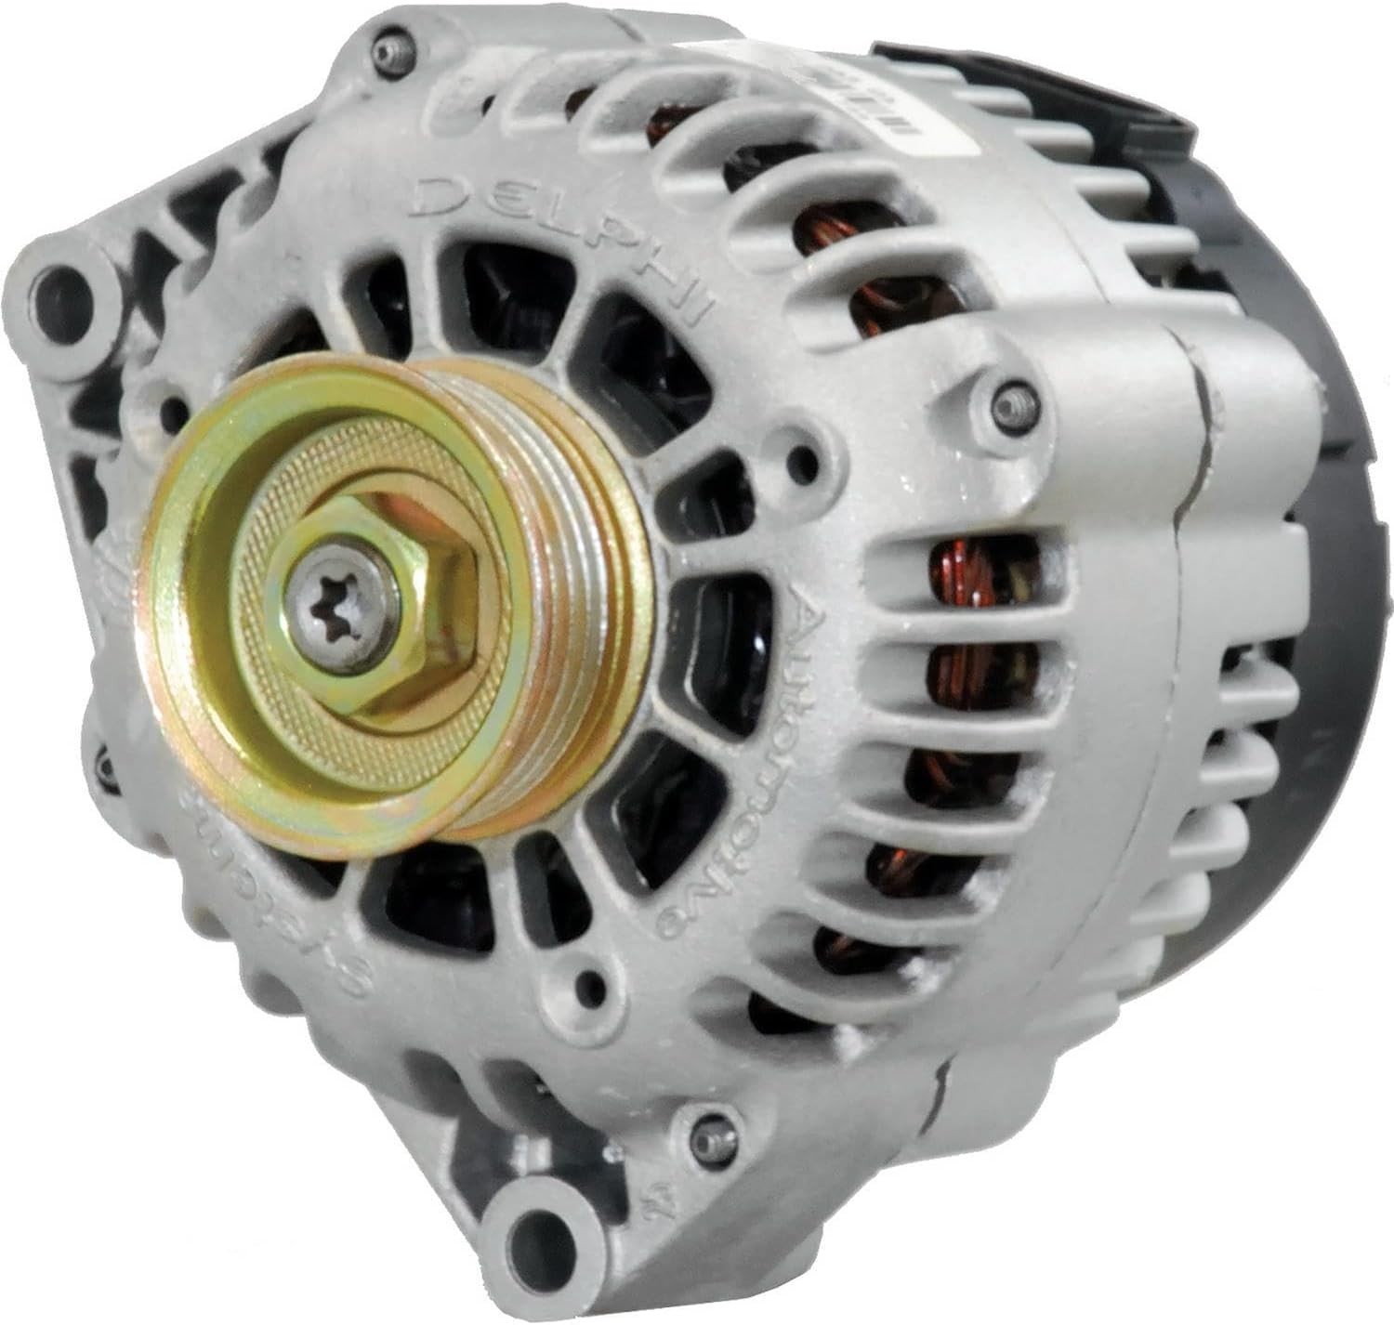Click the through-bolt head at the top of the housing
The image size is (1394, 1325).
click(x=388, y=54)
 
